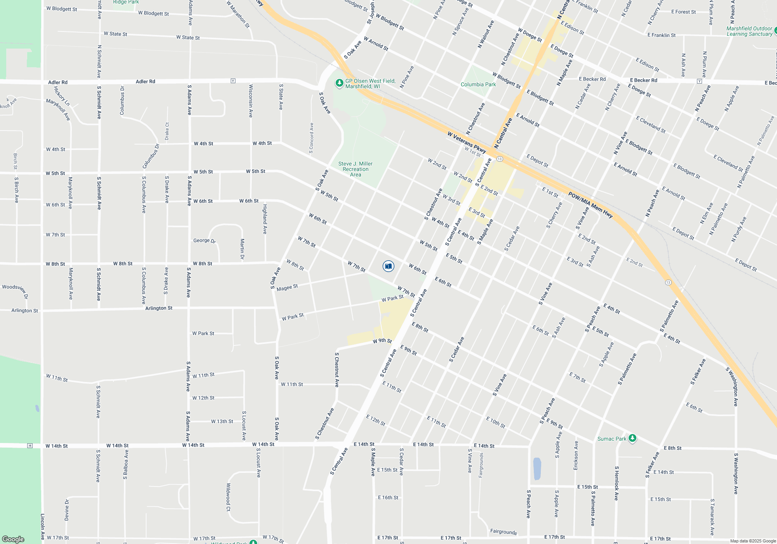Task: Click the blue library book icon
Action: click(388, 266)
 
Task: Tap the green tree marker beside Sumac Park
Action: click(632, 438)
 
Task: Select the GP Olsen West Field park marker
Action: click(339, 83)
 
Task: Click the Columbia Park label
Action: click(478, 84)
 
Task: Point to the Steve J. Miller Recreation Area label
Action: click(355, 169)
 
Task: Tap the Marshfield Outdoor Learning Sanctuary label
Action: click(749, 31)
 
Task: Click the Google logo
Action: click(13, 539)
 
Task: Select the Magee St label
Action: click(287, 288)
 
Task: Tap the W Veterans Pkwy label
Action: click(466, 142)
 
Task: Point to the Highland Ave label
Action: click(265, 219)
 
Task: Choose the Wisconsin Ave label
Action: click(251, 101)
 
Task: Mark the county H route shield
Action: click(30, 446)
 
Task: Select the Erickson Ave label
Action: click(576, 455)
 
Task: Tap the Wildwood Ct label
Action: click(228, 497)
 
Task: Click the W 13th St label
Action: click(222, 421)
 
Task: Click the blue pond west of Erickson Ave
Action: click(537, 469)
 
